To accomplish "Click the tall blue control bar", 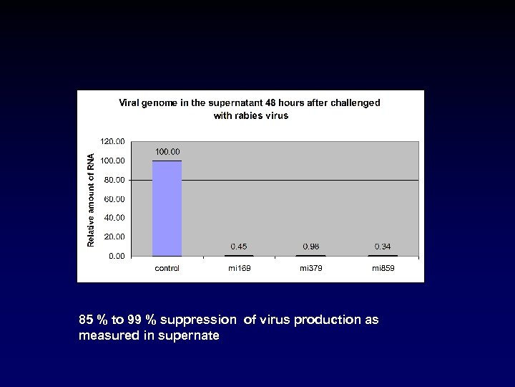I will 167,208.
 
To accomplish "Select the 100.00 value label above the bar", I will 167,151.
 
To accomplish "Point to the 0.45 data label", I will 239,247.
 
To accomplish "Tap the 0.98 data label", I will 311,247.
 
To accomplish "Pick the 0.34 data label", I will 383,247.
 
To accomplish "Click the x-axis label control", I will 167,268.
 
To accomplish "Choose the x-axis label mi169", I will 239,268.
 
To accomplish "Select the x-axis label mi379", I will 311,268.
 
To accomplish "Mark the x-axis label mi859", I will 383,268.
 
